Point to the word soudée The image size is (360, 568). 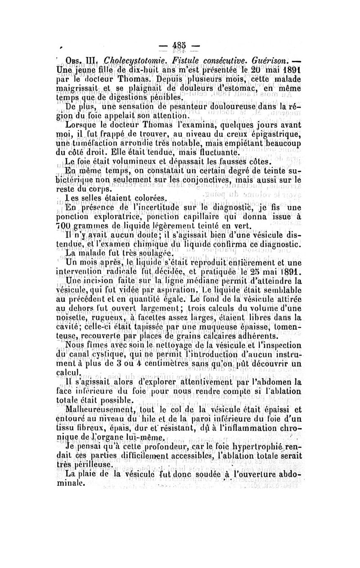coord(196,499)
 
